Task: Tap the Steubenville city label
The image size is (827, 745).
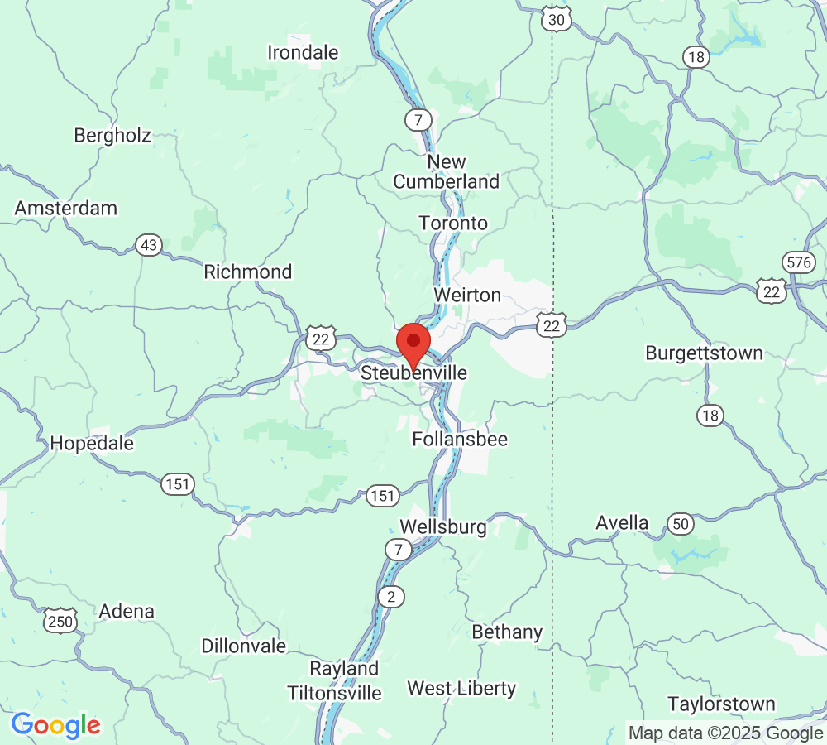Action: pos(413,373)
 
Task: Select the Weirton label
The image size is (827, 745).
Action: pos(467,296)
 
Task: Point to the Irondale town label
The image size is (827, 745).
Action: pos(303,53)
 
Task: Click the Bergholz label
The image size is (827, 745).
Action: pos(112,135)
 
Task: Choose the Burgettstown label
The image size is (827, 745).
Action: pos(704,353)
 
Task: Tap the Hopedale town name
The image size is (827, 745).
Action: pos(92,443)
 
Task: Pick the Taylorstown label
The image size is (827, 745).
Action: pos(722,704)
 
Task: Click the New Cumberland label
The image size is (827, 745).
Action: pos(447,172)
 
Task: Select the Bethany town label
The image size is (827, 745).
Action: pos(507,632)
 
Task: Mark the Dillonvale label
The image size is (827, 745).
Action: pos(244,646)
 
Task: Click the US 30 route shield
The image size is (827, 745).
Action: pos(557,19)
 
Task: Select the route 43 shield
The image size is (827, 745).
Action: pos(149,245)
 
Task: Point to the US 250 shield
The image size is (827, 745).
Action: pos(62,620)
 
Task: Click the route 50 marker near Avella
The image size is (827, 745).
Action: pos(680,523)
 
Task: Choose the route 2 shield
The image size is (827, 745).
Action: pos(390,596)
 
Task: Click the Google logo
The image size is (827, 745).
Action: pos(55,726)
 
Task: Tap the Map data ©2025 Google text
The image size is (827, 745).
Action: pos(725,733)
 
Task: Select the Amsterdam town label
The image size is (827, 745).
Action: pos(66,208)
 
